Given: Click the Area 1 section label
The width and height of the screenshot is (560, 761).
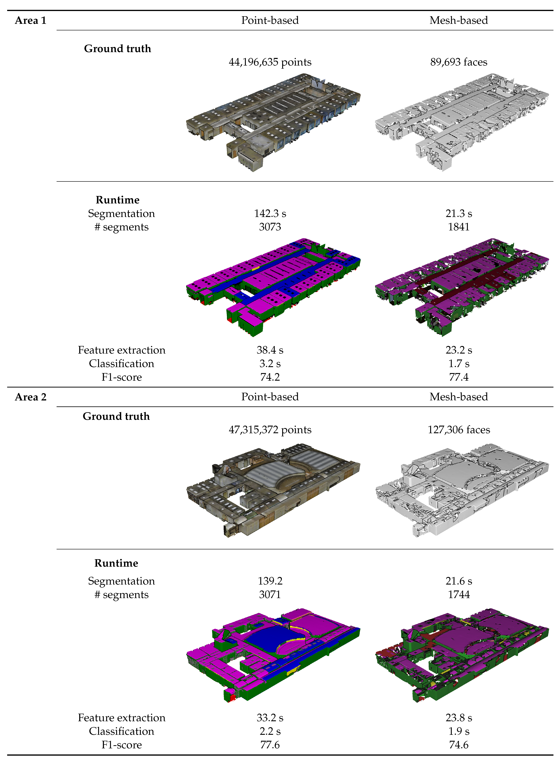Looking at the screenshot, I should [x=31, y=20].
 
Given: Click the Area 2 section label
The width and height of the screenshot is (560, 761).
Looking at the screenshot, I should [x=31, y=397].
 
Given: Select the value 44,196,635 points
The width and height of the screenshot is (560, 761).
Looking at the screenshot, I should [x=270, y=62].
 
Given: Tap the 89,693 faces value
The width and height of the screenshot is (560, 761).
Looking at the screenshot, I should [x=459, y=62].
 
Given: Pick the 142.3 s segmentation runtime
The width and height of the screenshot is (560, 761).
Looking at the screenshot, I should [x=270, y=214].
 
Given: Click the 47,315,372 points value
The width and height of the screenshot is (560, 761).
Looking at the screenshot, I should [x=270, y=430].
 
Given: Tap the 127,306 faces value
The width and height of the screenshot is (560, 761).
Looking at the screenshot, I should [x=459, y=430].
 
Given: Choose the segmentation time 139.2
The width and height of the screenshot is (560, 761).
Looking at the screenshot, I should [x=270, y=581].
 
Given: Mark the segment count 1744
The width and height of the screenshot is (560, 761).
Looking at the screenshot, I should [x=459, y=595].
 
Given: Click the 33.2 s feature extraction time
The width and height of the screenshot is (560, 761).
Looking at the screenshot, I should [x=270, y=718].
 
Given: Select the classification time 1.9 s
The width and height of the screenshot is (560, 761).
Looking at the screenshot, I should [x=459, y=731].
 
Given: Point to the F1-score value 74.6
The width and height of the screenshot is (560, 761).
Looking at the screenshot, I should [x=459, y=745].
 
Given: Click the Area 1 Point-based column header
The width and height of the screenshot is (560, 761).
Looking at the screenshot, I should [x=270, y=20].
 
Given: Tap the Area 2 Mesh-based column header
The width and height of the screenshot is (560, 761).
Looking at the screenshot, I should [x=459, y=397].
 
